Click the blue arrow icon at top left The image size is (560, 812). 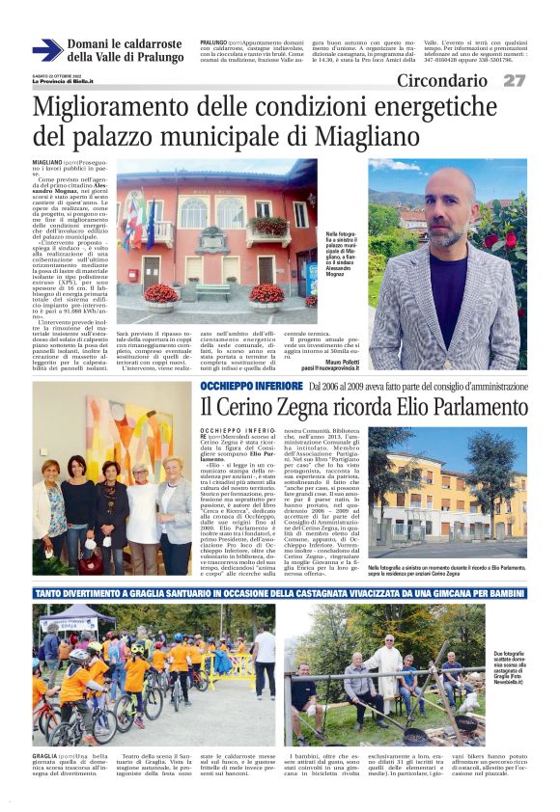click(x=47, y=50)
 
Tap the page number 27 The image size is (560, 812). click(x=515, y=80)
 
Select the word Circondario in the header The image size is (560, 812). click(x=442, y=80)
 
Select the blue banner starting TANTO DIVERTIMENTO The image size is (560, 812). click(x=280, y=591)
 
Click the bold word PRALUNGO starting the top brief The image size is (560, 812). click(x=213, y=43)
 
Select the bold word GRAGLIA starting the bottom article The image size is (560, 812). click(x=44, y=756)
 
